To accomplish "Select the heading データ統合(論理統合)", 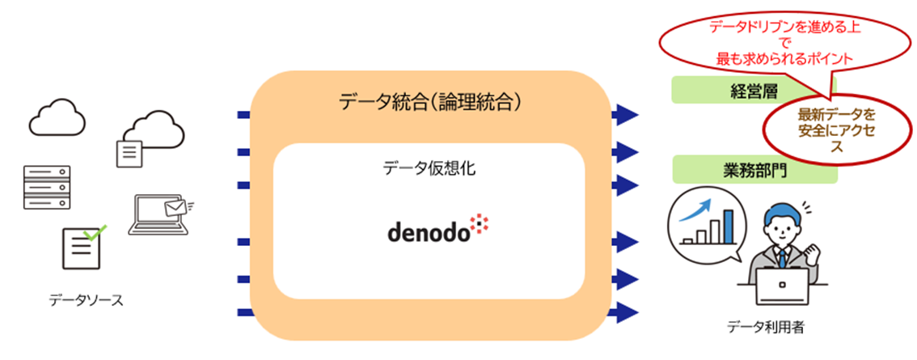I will [x=429, y=102].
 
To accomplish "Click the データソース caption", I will [x=86, y=301].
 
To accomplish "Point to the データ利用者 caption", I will [x=765, y=327].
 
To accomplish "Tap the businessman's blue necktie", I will [x=783, y=257].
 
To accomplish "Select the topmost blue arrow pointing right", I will [x=624, y=114].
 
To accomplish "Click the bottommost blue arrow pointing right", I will [x=624, y=311].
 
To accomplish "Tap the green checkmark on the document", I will [x=96, y=233].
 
